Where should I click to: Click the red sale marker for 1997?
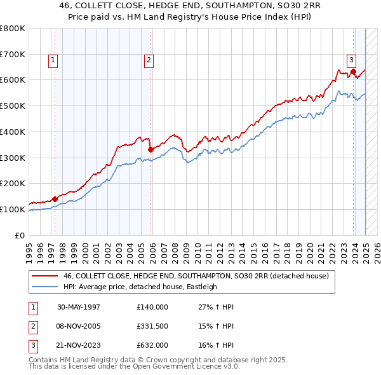click(55, 199)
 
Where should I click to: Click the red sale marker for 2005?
click(150, 149)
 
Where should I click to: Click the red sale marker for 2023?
click(354, 71)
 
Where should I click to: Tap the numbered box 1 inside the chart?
click(52, 60)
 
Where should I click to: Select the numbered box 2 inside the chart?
click(148, 60)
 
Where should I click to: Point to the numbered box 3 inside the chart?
click(351, 60)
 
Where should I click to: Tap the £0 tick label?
click(21, 235)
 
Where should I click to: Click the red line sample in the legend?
click(44, 276)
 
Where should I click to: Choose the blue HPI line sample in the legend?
click(44, 287)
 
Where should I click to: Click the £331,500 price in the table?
click(152, 327)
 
